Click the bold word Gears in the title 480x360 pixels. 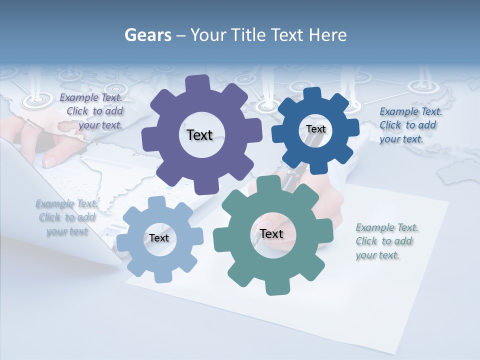point(148,35)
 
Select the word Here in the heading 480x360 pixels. point(327,35)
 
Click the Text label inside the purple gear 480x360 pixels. point(200,135)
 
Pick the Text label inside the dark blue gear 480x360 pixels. point(315,129)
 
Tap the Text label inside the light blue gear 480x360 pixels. point(159,238)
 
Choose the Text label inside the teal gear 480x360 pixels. point(271,233)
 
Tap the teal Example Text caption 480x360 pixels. point(385,241)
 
